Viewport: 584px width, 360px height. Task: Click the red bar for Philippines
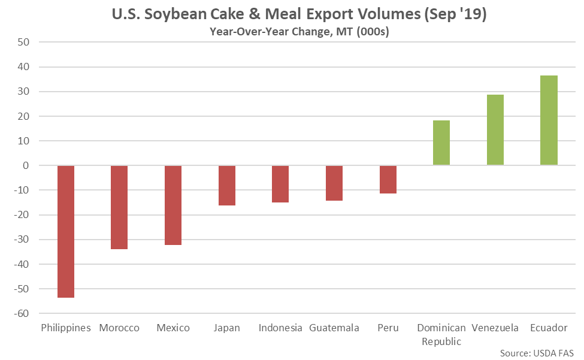click(66, 231)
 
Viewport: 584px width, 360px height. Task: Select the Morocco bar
click(119, 207)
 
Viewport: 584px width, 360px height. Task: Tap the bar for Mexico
click(173, 205)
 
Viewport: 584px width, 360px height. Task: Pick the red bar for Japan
click(227, 185)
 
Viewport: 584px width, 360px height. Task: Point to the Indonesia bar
click(280, 184)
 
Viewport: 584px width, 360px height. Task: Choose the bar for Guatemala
click(334, 183)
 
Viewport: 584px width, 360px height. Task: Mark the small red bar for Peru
click(388, 179)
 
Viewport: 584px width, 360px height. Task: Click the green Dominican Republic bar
click(441, 143)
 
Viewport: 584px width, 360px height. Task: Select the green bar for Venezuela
click(495, 130)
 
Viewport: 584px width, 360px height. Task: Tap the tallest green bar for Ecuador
click(549, 120)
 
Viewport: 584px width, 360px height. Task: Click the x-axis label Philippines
click(66, 328)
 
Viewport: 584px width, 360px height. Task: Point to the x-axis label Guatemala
click(334, 328)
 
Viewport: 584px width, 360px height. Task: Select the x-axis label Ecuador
click(549, 328)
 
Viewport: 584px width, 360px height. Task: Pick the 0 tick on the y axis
click(28, 165)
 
